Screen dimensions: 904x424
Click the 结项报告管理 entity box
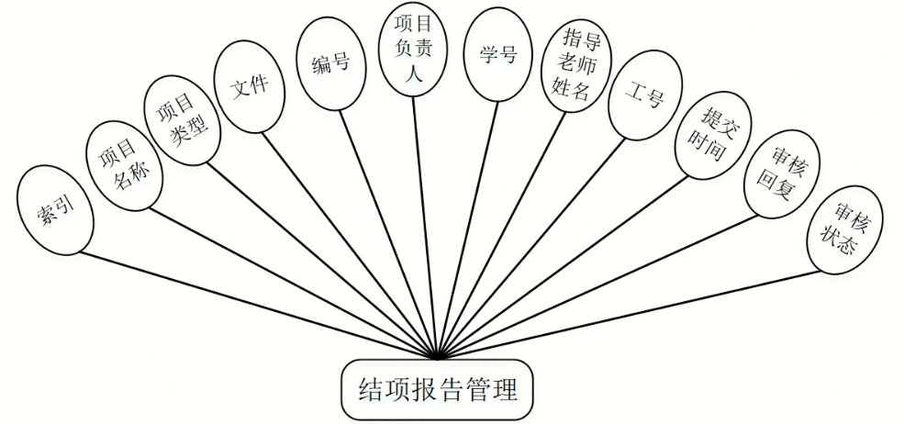(x=436, y=390)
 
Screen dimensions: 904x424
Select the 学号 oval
(x=498, y=54)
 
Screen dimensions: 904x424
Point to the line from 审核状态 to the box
(x=633, y=312)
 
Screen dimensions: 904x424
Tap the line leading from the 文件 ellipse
(x=349, y=239)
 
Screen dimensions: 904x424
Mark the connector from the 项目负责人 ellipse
(x=425, y=220)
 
